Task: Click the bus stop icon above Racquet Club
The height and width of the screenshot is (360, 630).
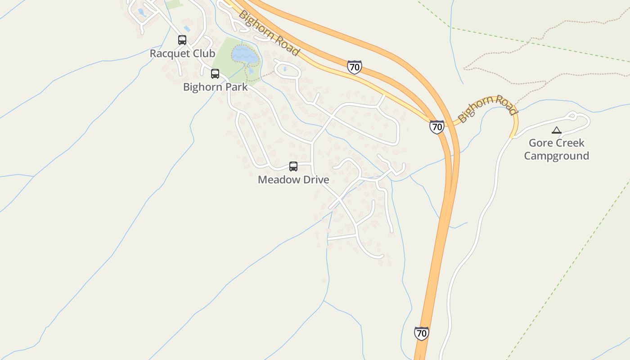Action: point(182,40)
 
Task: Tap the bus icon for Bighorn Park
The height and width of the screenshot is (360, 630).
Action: point(215,74)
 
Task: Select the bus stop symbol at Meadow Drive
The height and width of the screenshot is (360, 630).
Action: point(293,166)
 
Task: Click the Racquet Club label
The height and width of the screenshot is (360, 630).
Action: point(182,54)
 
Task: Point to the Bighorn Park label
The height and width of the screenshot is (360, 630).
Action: point(215,87)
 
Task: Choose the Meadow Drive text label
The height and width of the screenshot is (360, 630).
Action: point(293,180)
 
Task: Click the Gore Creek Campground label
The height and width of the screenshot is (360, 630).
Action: point(557,149)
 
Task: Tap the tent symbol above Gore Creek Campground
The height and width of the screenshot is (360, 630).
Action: point(557,130)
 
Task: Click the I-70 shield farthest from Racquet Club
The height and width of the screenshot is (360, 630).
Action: point(421,333)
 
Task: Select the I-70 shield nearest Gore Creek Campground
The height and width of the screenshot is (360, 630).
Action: point(436,127)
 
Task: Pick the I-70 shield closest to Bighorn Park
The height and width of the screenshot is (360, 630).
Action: point(355,67)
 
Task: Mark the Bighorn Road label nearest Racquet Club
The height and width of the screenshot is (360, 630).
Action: point(268,33)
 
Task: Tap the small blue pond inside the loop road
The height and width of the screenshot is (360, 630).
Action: point(285,69)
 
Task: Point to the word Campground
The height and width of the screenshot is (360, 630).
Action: point(557,156)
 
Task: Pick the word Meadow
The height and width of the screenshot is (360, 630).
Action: point(275,180)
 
